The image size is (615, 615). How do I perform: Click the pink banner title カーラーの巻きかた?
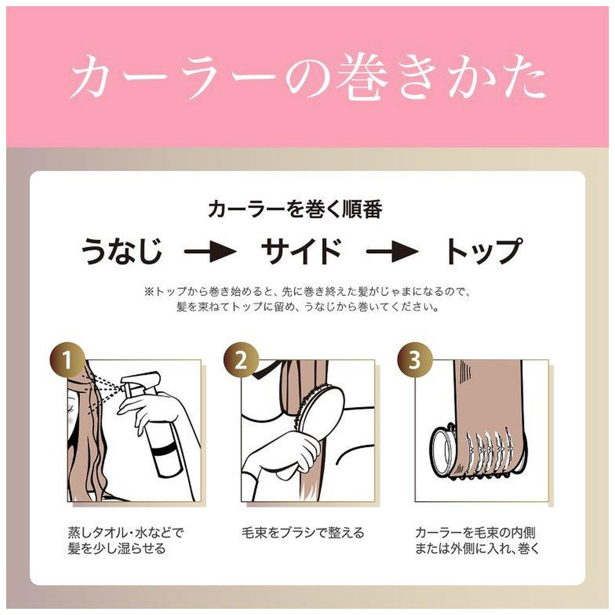(307, 77)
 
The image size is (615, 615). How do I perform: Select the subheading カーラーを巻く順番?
(295, 210)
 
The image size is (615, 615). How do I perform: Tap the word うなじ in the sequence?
(122, 251)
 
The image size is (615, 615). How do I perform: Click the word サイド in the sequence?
(301, 251)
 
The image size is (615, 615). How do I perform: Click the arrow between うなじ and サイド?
(210, 251)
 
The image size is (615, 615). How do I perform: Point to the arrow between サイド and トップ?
(392, 251)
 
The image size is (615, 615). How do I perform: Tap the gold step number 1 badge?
(68, 360)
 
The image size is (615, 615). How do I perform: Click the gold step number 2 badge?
(241, 360)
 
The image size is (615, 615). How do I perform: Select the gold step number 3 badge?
(415, 360)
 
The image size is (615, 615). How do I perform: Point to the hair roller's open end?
(442, 451)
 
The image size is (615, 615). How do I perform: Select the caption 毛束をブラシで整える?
(303, 533)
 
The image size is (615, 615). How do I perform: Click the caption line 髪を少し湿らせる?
(116, 549)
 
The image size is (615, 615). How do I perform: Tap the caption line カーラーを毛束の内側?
(475, 533)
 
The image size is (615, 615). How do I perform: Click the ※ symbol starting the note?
(150, 292)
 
